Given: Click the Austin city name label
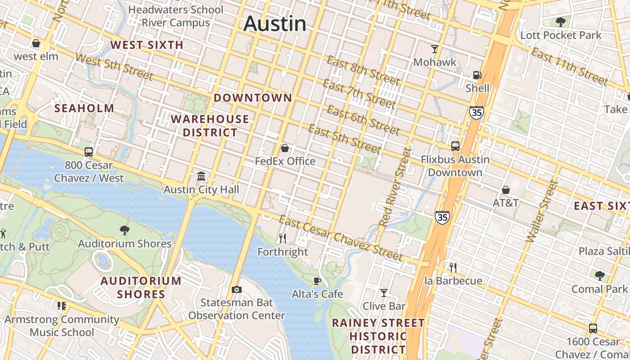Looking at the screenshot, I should tap(274, 23).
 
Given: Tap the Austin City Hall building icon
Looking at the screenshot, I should tap(201, 176).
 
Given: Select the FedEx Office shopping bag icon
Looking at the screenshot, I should tap(284, 148).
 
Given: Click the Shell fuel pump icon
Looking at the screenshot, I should tap(477, 75).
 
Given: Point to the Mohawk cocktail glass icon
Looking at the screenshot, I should tap(435, 49).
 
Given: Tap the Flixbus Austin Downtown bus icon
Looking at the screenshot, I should tap(455, 146).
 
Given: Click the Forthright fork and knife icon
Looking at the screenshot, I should tap(283, 238).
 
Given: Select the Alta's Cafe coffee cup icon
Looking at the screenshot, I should tap(317, 281).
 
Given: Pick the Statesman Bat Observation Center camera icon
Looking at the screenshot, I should tap(236, 289).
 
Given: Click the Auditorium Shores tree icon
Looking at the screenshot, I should tap(125, 230).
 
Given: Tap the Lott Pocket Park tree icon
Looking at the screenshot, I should tap(561, 22).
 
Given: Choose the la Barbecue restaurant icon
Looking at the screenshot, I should tap(453, 268).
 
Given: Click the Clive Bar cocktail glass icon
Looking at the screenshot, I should tap(384, 293).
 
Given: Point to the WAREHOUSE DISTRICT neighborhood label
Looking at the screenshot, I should tap(210, 126).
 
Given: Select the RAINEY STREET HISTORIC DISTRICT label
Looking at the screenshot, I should tap(378, 336).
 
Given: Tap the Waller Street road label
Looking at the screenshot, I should tap(542, 211).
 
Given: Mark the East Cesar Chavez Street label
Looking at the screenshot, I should tap(341, 239).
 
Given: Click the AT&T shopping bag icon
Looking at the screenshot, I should tap(506, 190).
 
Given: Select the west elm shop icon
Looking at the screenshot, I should tap(36, 43).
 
